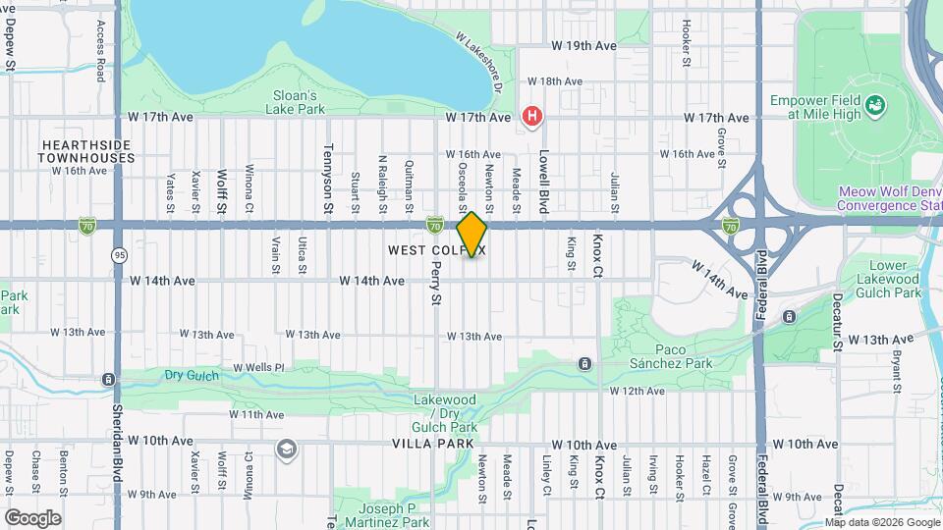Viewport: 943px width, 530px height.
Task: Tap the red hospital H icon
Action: click(532, 117)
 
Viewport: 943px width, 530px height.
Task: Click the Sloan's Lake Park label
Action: click(296, 102)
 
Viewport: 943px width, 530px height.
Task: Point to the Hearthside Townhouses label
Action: click(86, 150)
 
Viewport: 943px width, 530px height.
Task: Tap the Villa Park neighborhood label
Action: click(426, 444)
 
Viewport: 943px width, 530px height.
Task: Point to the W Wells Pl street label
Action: click(257, 368)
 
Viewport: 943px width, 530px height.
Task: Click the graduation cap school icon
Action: click(286, 450)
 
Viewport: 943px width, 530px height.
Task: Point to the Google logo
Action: click(32, 517)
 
